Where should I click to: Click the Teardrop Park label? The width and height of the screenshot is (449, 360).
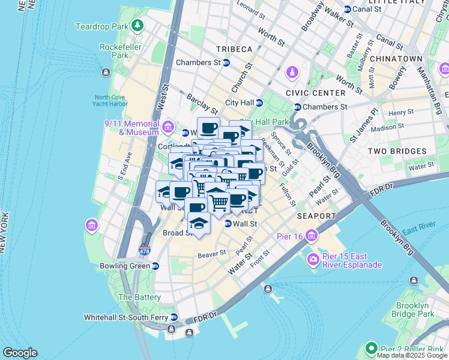(x=101, y=26)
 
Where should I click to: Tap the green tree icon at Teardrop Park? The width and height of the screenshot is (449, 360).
(x=138, y=26)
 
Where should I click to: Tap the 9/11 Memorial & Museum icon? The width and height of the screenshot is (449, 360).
(x=168, y=127)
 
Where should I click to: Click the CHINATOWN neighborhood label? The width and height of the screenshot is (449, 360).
(x=396, y=59)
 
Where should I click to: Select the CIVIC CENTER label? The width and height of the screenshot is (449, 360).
(x=316, y=93)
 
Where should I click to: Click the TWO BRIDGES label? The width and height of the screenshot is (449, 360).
(x=397, y=152)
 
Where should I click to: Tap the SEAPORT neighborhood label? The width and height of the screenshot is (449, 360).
(x=316, y=215)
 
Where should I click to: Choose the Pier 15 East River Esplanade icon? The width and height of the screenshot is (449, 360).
(x=313, y=260)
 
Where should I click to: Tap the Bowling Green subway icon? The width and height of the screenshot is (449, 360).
(x=155, y=266)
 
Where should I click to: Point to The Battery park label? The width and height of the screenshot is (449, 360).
(x=139, y=297)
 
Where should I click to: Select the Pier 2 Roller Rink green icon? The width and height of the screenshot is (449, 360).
(x=372, y=348)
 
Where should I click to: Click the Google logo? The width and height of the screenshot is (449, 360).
(x=20, y=353)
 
